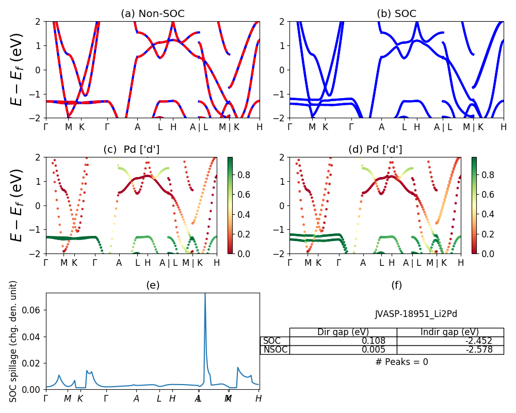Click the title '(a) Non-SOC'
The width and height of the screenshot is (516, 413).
(x=152, y=14)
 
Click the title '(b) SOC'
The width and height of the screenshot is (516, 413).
(x=396, y=14)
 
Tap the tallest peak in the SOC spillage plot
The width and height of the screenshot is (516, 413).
(x=205, y=295)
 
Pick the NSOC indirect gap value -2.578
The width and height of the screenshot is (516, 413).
(x=479, y=350)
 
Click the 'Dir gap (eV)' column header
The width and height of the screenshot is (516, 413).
(x=343, y=332)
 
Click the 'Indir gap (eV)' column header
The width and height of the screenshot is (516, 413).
(x=450, y=332)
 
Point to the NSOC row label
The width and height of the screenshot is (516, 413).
(x=275, y=350)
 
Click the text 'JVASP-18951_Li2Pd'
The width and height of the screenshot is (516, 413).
(x=416, y=314)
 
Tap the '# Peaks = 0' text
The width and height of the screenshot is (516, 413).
(x=401, y=362)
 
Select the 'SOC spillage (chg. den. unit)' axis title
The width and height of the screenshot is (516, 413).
(x=14, y=341)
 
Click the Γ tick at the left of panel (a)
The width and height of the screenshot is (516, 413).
(x=46, y=126)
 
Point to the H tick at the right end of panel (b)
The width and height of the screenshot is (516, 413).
(x=503, y=126)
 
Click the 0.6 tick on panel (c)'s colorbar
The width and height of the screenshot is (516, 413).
(x=245, y=195)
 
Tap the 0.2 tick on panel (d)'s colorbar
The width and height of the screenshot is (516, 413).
(x=489, y=234)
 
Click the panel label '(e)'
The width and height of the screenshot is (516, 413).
(x=152, y=285)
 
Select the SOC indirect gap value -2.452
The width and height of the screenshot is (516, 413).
(x=479, y=341)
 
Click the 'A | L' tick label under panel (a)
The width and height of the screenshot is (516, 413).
(x=199, y=126)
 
